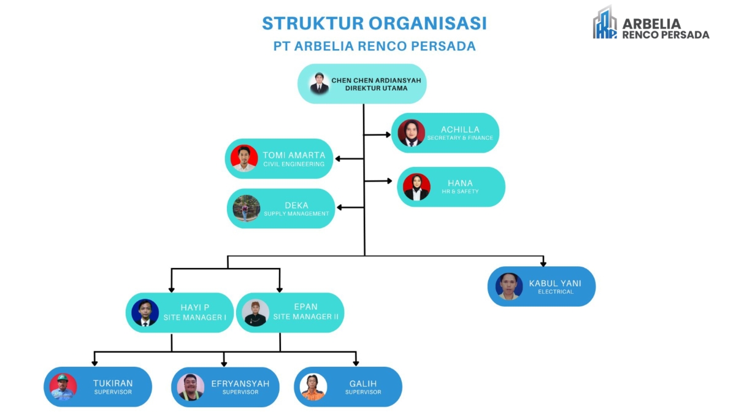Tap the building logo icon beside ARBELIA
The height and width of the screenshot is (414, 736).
(605, 23)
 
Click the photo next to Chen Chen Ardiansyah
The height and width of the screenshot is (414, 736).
(320, 83)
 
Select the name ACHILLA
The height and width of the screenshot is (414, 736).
(460, 129)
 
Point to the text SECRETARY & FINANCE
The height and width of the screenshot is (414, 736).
(460, 138)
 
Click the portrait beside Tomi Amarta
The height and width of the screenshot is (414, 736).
(244, 158)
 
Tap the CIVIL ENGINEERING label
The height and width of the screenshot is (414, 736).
(294, 164)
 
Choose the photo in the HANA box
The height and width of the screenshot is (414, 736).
(416, 187)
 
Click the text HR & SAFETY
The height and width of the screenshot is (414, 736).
(460, 191)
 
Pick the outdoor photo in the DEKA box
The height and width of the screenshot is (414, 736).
(247, 209)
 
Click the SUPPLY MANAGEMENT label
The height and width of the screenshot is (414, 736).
(296, 214)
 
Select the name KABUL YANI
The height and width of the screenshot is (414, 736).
(555, 283)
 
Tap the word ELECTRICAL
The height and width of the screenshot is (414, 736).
(556, 292)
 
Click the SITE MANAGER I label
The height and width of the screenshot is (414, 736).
(195, 318)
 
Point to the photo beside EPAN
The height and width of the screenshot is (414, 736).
(256, 313)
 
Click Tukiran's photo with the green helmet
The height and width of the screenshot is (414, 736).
(63, 387)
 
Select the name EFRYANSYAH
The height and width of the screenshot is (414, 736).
(240, 384)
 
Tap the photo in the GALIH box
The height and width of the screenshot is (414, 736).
(313, 387)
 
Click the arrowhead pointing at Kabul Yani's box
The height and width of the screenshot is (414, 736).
(543, 263)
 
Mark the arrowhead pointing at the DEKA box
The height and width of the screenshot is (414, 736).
(339, 207)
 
